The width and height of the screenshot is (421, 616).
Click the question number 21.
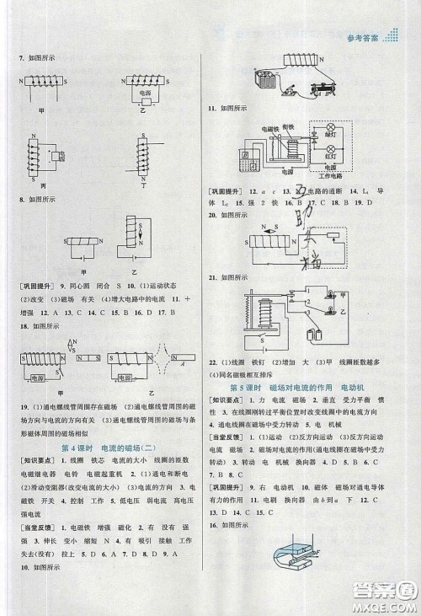click(x=213, y=276)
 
